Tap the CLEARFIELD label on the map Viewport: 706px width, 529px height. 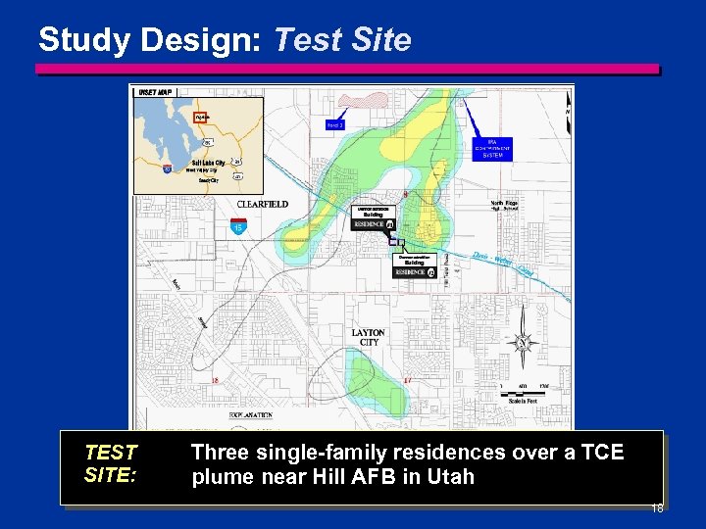[x=262, y=204]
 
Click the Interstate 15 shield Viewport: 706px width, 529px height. [x=238, y=228]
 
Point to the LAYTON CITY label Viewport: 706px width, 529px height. [x=369, y=337]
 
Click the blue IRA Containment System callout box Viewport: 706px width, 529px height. [x=492, y=147]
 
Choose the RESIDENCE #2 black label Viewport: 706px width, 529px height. [x=413, y=271]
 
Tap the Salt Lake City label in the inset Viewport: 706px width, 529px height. [x=208, y=162]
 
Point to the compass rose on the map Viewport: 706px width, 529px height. [x=523, y=342]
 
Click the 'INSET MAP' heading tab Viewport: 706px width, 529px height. [x=157, y=92]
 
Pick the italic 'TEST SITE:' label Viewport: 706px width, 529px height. [x=111, y=463]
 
